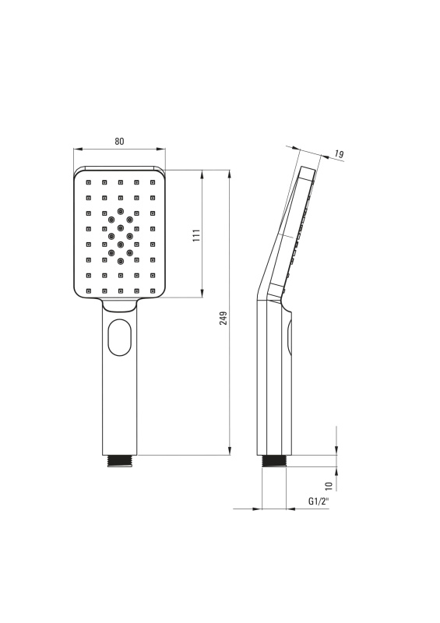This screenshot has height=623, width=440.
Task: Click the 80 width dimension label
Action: tap(119, 141)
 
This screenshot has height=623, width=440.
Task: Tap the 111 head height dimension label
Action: tap(196, 236)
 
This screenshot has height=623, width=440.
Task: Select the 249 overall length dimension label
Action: tap(224, 319)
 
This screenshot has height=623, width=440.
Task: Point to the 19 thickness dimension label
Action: tap(339, 153)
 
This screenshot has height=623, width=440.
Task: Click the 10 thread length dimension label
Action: tap(329, 485)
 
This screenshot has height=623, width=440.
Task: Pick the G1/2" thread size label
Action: tap(319, 502)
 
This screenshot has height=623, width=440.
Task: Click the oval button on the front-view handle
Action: tap(119, 337)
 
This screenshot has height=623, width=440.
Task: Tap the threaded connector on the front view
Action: tap(119, 461)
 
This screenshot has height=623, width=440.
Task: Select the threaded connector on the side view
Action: tap(274, 461)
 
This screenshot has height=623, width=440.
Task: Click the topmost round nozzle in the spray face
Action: tap(120, 210)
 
